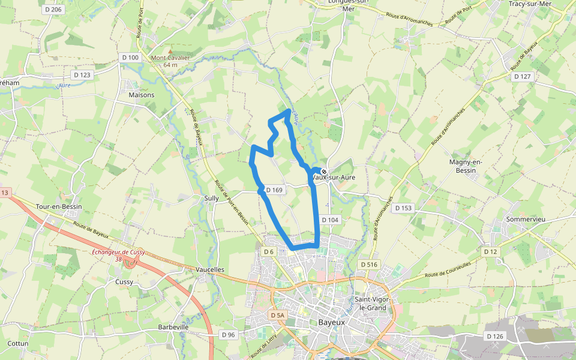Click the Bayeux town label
[x=331, y=322]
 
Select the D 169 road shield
[x=274, y=190]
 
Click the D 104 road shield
[x=330, y=220]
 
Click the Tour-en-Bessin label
[x=59, y=206]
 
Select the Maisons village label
[x=141, y=95]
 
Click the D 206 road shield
[x=53, y=10]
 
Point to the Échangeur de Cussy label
[x=118, y=253]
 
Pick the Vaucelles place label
[x=209, y=270]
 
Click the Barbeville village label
[x=173, y=327]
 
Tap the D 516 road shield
[x=369, y=265]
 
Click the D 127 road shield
[x=522, y=77]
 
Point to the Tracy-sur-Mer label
[x=529, y=4]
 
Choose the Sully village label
[x=211, y=197]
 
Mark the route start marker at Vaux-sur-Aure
[x=324, y=172]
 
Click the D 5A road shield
[x=277, y=315]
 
